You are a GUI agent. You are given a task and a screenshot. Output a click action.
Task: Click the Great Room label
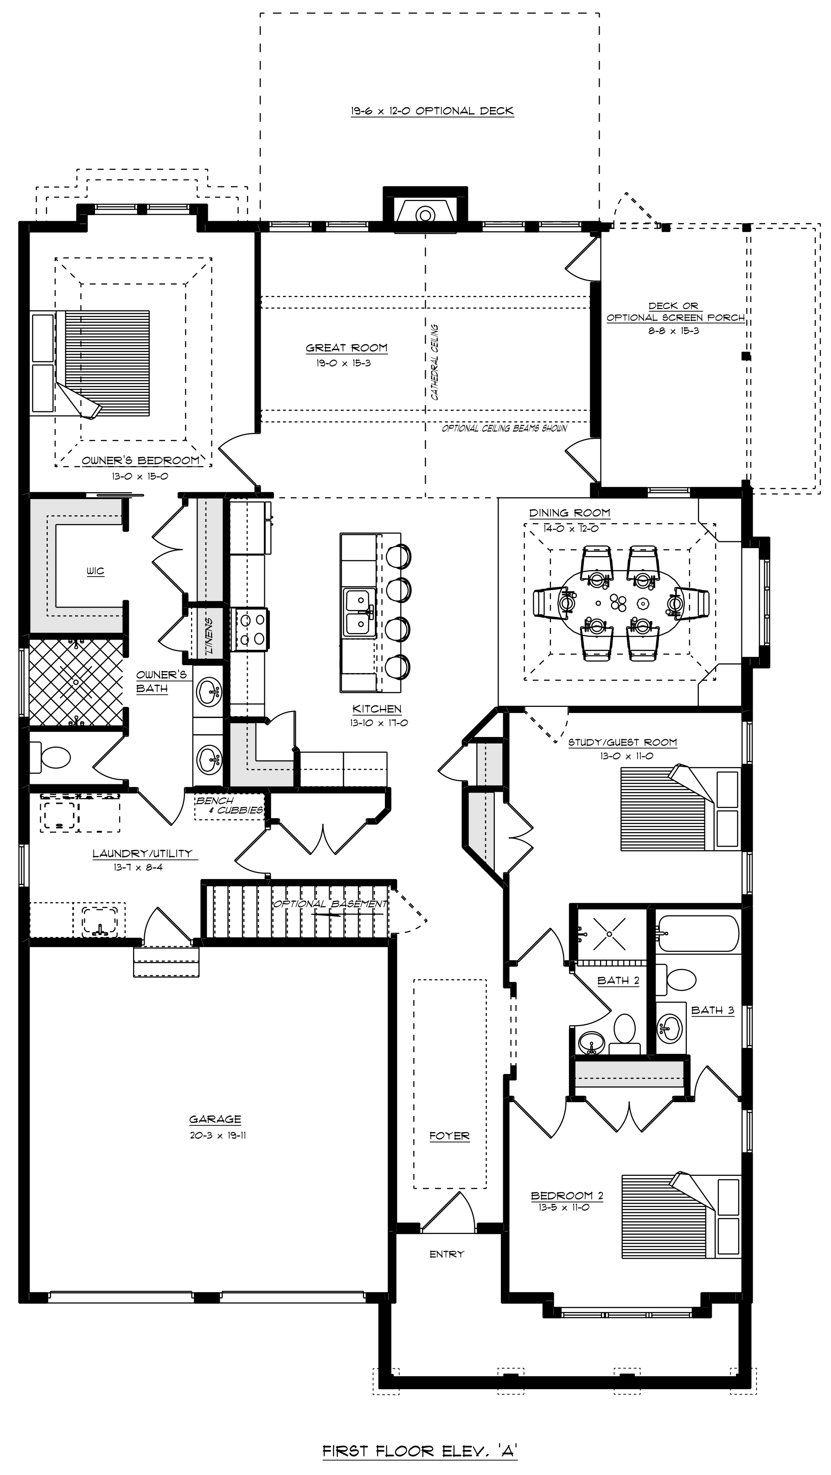coord(346,347)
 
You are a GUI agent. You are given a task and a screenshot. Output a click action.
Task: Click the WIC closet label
coord(96,571)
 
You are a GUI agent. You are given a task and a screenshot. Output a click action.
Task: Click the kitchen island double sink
coord(359,613)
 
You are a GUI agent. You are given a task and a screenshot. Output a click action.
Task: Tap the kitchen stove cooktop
coord(249,629)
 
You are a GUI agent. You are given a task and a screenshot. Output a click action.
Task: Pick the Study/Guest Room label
coord(623,743)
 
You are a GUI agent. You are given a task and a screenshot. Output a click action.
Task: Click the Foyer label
coord(449,1136)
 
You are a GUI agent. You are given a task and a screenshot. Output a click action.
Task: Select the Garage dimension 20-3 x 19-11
coord(218,1135)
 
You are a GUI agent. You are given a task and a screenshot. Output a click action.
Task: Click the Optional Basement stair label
coord(330,904)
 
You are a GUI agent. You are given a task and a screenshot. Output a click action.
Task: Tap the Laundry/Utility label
coord(142,853)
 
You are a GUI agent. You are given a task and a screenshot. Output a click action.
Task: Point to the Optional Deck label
coord(433,111)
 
